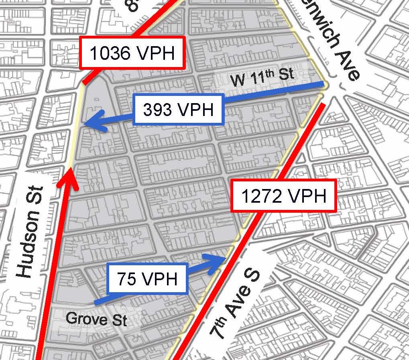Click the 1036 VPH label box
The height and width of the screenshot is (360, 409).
pyautogui.click(x=132, y=53)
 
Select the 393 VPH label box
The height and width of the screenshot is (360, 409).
pyautogui.click(x=178, y=109)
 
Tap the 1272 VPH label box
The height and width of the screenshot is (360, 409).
pyautogui.click(x=283, y=196)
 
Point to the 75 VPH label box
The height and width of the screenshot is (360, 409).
pyautogui.click(x=147, y=278)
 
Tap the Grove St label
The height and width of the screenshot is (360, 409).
pyautogui.click(x=96, y=319)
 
